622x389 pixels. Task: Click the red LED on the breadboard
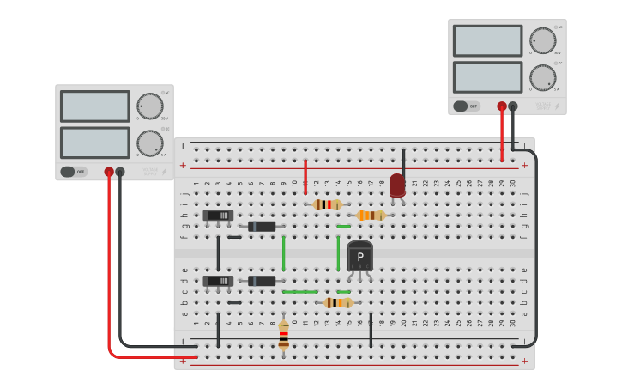(x=397, y=185)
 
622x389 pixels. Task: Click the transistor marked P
(x=360, y=257)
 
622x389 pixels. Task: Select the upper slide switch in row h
(x=218, y=216)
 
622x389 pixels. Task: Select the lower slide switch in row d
(x=218, y=281)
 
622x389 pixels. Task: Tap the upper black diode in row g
(x=262, y=227)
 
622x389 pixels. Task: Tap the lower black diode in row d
(x=262, y=281)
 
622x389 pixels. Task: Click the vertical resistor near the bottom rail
(x=284, y=335)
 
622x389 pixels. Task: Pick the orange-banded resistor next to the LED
(x=371, y=216)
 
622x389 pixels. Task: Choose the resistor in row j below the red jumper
(x=327, y=204)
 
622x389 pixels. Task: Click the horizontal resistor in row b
(x=338, y=302)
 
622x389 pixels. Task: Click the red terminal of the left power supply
(x=109, y=172)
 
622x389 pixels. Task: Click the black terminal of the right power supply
(x=513, y=106)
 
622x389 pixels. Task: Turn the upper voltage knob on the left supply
(x=150, y=106)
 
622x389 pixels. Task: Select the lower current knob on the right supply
(x=542, y=77)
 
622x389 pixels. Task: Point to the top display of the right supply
(x=487, y=41)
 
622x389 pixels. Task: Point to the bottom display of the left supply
(x=94, y=143)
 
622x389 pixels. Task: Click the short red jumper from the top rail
(x=305, y=176)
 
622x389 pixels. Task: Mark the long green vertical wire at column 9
(x=284, y=253)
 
